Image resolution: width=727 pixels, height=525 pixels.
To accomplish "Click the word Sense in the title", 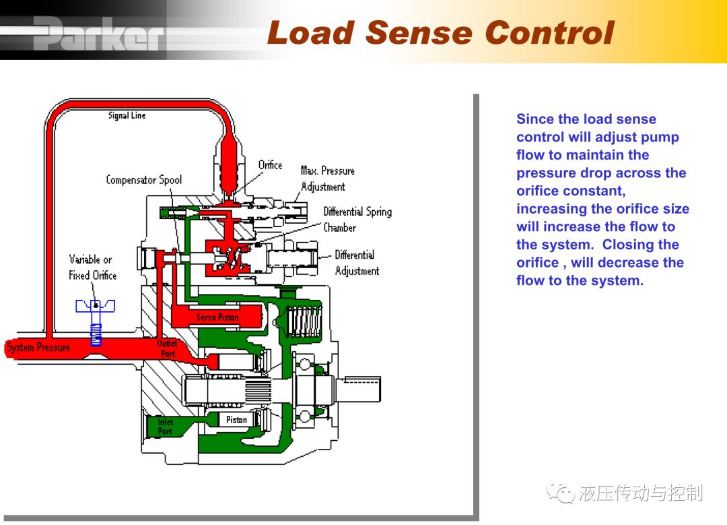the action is tap(419, 33).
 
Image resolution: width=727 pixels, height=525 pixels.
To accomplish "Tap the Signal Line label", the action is tap(127, 116).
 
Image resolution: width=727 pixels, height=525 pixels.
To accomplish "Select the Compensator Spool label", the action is tap(144, 180).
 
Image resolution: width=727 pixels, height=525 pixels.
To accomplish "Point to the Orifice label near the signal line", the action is tap(270, 165).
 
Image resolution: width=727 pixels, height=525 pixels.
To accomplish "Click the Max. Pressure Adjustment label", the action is tap(327, 179).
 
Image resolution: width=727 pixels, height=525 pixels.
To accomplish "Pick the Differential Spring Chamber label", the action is tap(357, 220).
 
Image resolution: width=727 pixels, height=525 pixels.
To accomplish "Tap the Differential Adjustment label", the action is tap(357, 263).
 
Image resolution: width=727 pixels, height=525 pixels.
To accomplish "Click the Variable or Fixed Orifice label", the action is tap(92, 268).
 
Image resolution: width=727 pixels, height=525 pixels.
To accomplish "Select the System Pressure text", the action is tap(38, 347).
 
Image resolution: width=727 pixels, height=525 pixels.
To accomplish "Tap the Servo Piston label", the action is tap(217, 317).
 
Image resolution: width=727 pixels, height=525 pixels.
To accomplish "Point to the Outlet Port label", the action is tap(167, 348).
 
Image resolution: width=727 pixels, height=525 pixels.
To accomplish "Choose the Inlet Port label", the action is tap(165, 427).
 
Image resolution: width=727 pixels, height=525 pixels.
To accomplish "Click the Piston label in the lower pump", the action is tap(236, 420).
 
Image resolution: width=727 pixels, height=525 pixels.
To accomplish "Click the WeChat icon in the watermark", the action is tap(561, 493).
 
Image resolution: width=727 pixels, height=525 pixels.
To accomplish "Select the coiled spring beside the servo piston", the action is tap(304, 321).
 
